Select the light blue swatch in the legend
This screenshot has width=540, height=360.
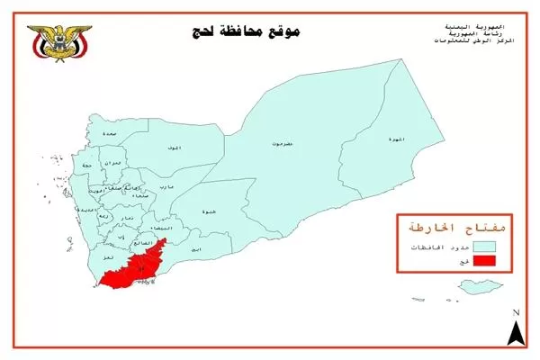coord(485,244)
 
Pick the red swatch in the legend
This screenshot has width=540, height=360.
coord(485,262)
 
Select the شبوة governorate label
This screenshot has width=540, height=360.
coord(209,212)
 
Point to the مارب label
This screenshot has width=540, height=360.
coord(166,186)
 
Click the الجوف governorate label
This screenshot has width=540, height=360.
coord(174,146)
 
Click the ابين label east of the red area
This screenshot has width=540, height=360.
coord(196,247)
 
